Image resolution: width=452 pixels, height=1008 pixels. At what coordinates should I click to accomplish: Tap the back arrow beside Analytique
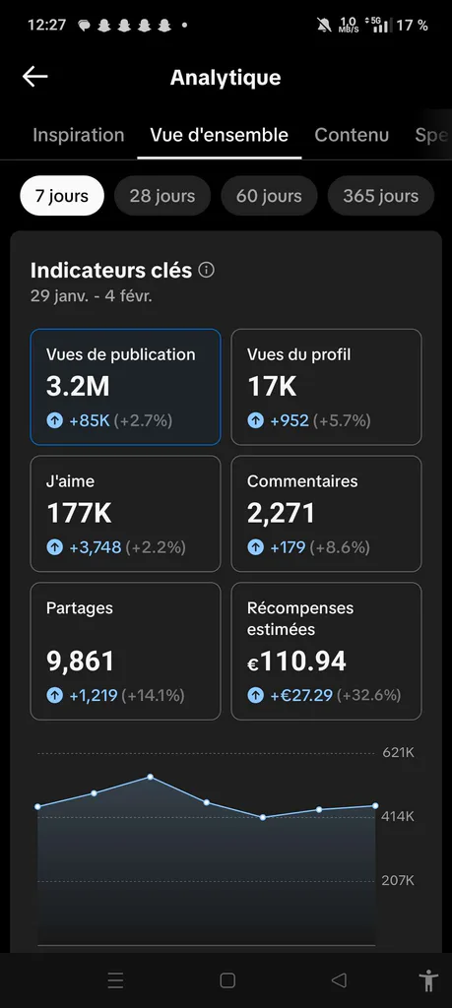[x=34, y=77]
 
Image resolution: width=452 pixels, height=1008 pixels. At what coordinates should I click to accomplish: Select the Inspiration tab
[x=79, y=135]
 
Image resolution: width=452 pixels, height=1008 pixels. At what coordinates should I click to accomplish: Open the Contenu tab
[x=352, y=135]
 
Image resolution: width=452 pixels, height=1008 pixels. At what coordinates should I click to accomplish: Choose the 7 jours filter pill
[x=62, y=196]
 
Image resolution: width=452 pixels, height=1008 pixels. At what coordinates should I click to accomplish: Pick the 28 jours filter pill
[x=162, y=196]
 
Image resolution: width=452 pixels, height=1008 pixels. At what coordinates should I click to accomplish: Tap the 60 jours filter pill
[x=269, y=196]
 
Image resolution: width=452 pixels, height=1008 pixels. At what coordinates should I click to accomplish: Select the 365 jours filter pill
[x=381, y=196]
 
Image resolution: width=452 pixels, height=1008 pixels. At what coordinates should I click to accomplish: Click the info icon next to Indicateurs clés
[x=207, y=270]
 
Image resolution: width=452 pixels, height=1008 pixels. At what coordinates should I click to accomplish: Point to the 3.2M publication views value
[x=78, y=386]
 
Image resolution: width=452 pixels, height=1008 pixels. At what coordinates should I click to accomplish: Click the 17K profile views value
[x=272, y=386]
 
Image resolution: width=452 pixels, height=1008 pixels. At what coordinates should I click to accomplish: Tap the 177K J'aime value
[x=79, y=513]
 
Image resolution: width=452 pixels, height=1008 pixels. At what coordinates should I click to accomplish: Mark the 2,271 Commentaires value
[x=281, y=513]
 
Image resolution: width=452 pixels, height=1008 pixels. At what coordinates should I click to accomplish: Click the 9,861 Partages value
[x=81, y=661]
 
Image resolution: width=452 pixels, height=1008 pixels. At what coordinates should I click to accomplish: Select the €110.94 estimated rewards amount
[x=297, y=661]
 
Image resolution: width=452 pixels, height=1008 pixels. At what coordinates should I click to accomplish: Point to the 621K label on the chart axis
[x=399, y=753]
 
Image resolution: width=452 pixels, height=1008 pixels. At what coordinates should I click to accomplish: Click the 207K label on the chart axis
[x=398, y=881]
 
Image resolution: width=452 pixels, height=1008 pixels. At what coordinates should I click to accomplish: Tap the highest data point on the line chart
[x=151, y=777]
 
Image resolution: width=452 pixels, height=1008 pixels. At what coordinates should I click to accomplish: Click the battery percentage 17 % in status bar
[x=413, y=25]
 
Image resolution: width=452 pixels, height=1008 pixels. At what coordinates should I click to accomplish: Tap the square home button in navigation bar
[x=226, y=980]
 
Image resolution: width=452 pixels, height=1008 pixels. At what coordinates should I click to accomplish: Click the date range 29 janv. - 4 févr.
[x=92, y=297]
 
